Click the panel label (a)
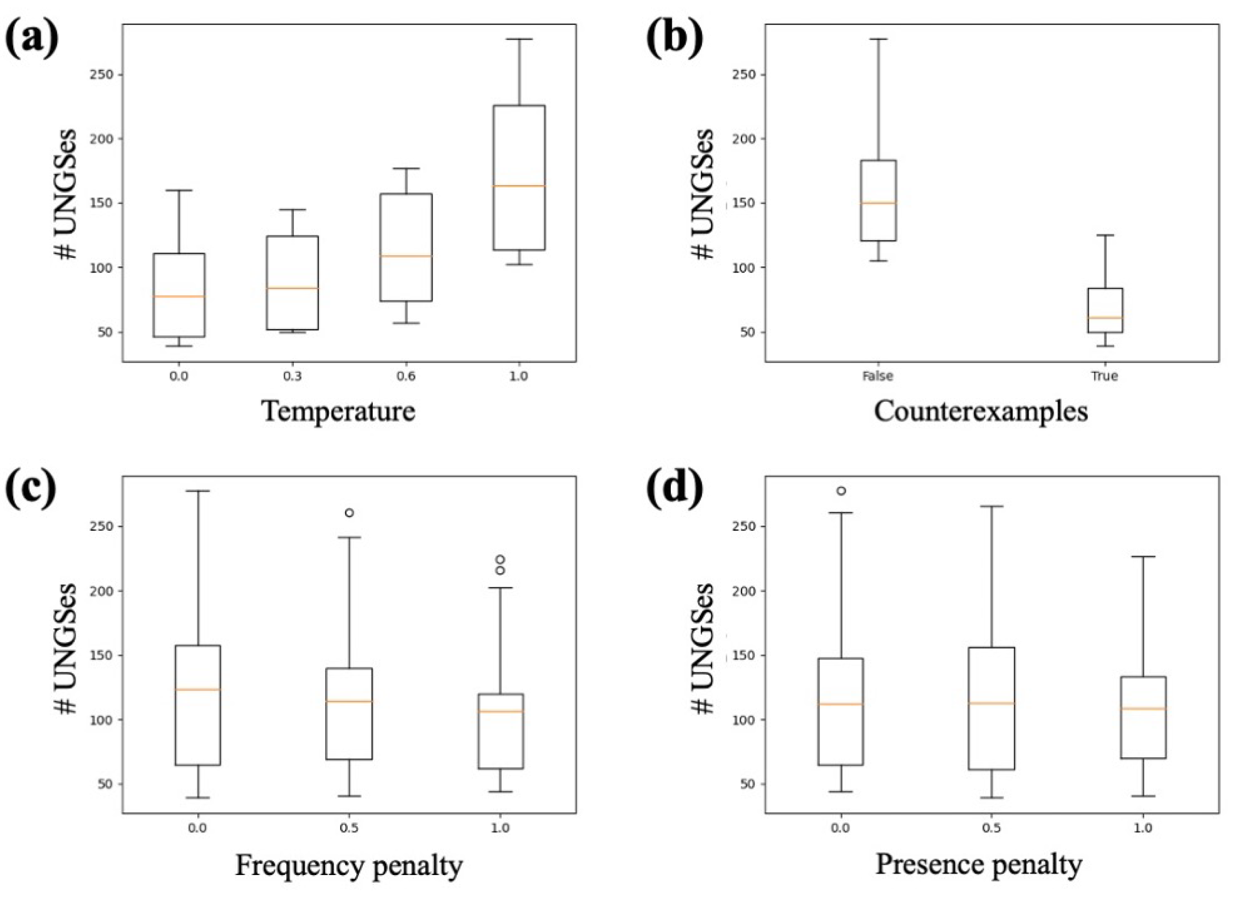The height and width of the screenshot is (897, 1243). (x=31, y=40)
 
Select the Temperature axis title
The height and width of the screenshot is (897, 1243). (x=339, y=411)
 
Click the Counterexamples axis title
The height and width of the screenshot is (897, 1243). (x=981, y=411)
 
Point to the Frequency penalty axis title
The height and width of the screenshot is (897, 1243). (x=349, y=865)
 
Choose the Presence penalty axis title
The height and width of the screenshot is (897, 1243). (x=979, y=864)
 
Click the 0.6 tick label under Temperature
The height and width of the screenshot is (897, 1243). (x=406, y=376)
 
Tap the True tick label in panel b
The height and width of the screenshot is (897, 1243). (x=1104, y=376)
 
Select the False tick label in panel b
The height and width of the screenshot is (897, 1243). (x=877, y=376)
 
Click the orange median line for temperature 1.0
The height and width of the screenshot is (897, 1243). (x=518, y=186)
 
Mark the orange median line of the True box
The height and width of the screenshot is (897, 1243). (x=1105, y=317)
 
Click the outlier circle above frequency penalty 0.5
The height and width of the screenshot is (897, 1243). (x=349, y=513)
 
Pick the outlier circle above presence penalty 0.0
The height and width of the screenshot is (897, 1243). (x=841, y=491)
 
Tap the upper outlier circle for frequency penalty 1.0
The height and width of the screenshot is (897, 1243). (x=500, y=559)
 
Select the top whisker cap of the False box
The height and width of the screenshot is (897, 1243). (x=878, y=39)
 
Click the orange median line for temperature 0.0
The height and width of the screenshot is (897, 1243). (x=179, y=296)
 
